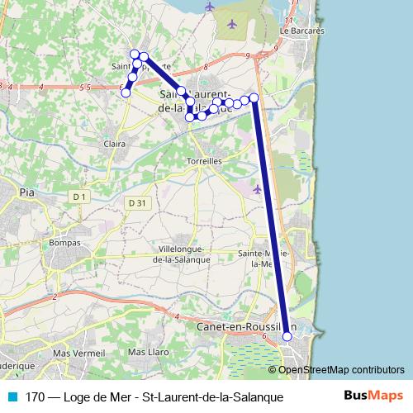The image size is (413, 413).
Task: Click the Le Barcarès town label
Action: [x=302, y=31]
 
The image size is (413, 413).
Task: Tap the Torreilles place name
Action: [x=206, y=161]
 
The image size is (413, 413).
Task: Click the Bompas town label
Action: [x=65, y=243]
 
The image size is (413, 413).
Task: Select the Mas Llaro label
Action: [x=149, y=353]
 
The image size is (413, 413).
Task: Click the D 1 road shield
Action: [x=79, y=197]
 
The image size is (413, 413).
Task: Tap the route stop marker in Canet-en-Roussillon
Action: [x=287, y=336]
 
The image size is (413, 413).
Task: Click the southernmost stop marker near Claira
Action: [x=126, y=93]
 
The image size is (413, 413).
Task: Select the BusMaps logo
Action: [x=374, y=396]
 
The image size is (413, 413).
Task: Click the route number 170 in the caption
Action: [x=36, y=397]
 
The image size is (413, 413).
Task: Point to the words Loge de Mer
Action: [x=98, y=397]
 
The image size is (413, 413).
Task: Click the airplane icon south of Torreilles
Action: [x=258, y=189]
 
